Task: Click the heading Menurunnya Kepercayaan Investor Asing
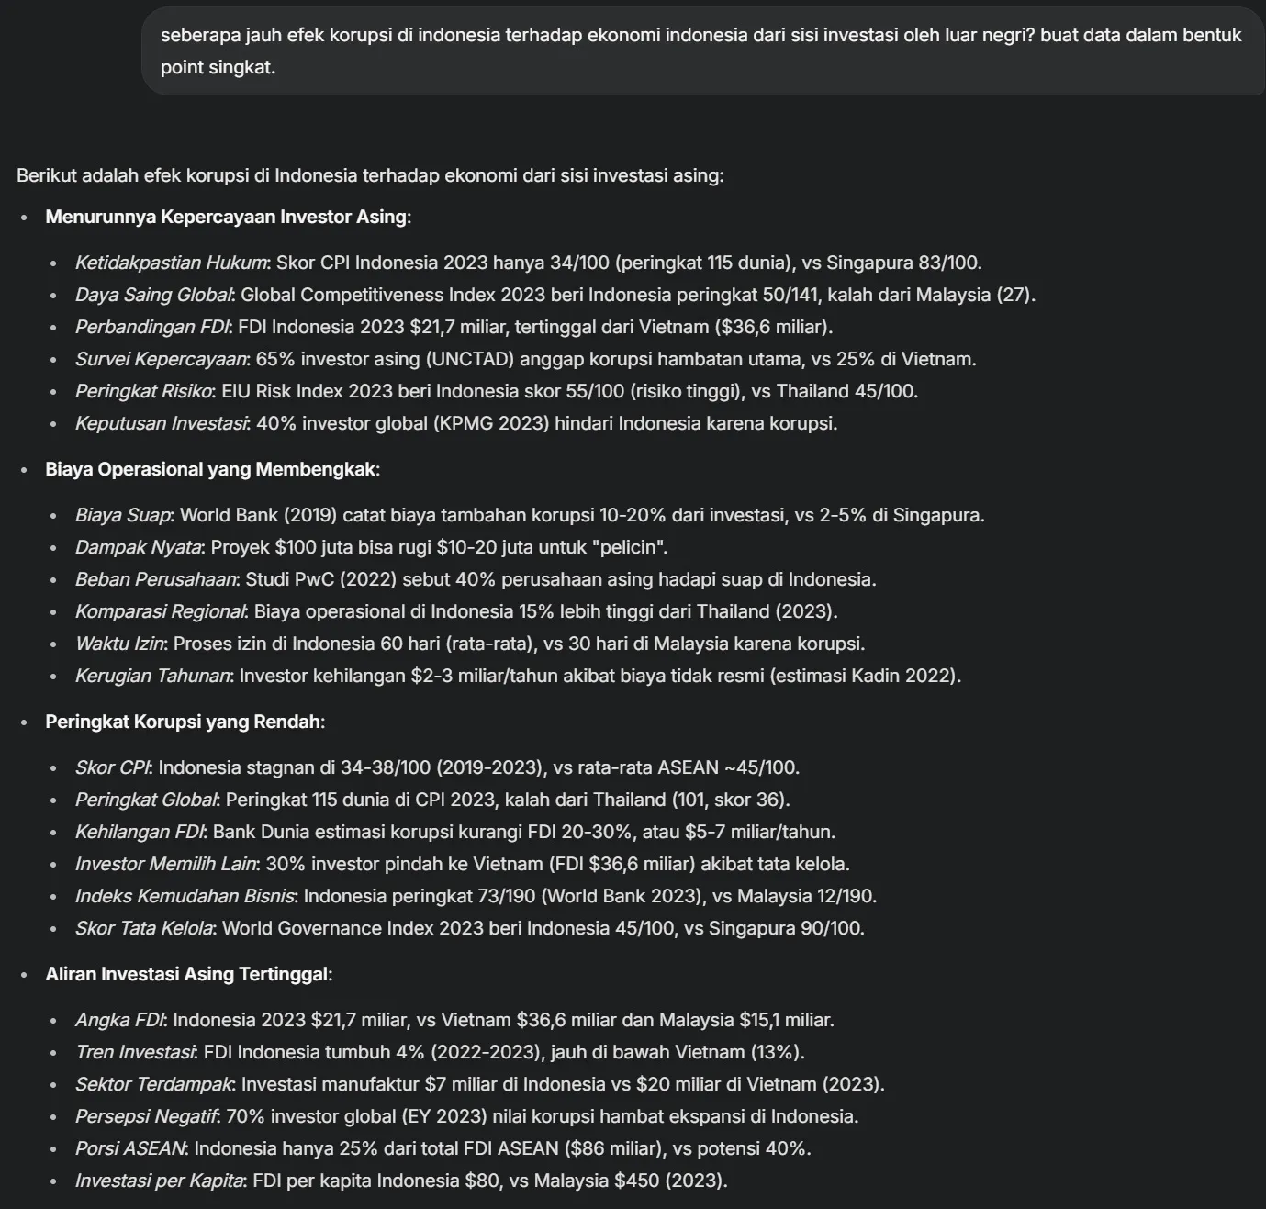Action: [x=225, y=217]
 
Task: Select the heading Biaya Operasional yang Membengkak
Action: [x=210, y=469]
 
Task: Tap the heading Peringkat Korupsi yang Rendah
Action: [x=183, y=722]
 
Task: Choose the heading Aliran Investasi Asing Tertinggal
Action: [x=186, y=974]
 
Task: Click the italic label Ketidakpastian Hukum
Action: [x=171, y=263]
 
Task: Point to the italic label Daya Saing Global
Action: [x=153, y=295]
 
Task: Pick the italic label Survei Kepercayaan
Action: [x=161, y=359]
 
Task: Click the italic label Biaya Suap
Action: [x=122, y=515]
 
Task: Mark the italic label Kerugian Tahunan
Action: [x=152, y=676]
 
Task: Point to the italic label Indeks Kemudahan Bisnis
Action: [x=185, y=896]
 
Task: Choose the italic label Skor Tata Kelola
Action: [x=144, y=928]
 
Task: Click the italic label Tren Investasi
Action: [x=134, y=1052]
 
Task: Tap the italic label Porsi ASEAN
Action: [x=129, y=1148]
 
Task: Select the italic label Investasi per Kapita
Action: [x=159, y=1181]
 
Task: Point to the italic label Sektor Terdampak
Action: [x=153, y=1084]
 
